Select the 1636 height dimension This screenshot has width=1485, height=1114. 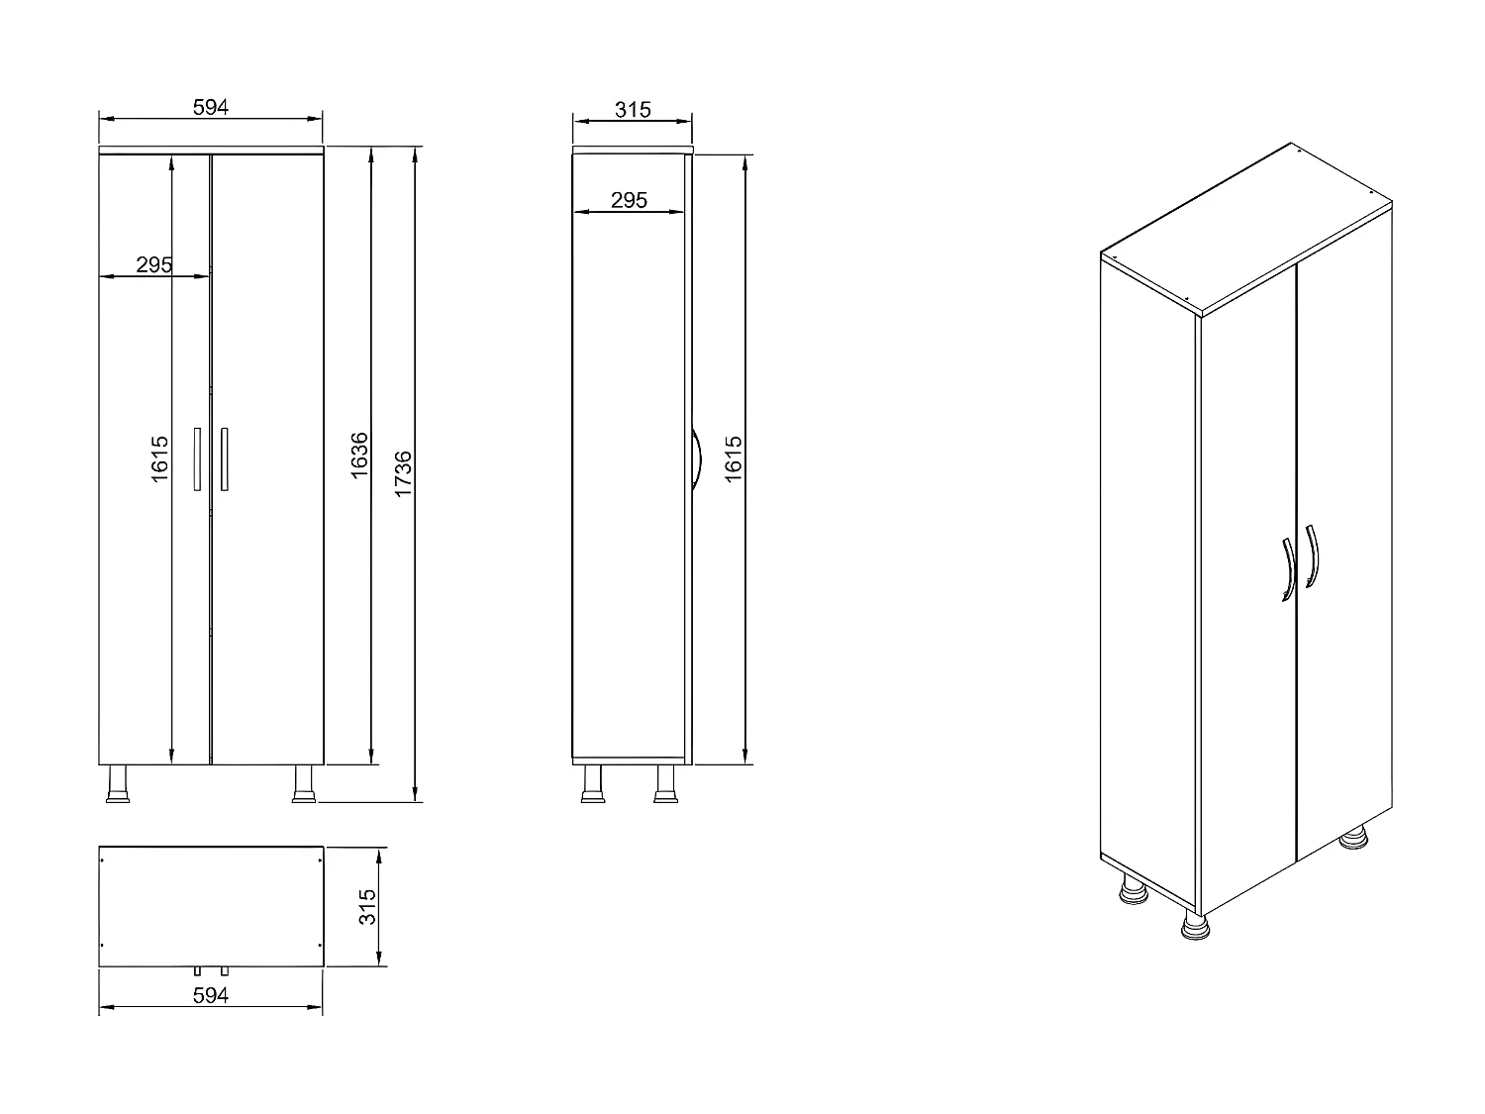360,456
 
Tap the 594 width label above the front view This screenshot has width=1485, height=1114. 211,108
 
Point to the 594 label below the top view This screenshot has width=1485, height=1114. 211,995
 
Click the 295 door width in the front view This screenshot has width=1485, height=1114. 154,264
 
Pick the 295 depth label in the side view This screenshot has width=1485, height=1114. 629,200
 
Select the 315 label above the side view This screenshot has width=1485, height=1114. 633,109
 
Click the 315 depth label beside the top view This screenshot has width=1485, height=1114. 368,906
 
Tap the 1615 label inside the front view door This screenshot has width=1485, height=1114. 161,459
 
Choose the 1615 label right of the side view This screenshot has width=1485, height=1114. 734,459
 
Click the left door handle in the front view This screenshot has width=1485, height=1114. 197,458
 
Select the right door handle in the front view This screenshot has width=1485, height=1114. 225,458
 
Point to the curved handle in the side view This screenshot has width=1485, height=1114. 696,458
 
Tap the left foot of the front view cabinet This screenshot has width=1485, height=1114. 118,783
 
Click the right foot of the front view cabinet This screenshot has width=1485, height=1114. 303,783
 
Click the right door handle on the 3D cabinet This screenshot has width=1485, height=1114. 1313,556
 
